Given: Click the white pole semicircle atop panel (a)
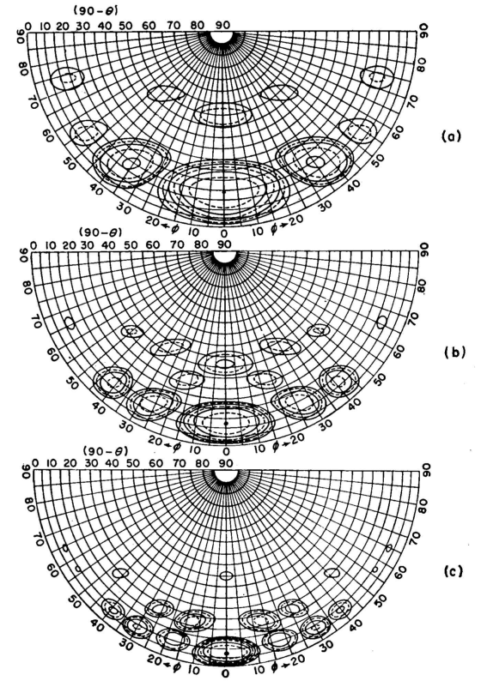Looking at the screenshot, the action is click(222, 37).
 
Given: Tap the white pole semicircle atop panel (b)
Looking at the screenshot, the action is click(224, 256).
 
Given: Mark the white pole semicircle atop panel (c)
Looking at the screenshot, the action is click(226, 475).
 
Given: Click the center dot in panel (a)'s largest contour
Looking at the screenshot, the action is click(223, 191).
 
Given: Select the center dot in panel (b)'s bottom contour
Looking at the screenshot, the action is click(226, 423).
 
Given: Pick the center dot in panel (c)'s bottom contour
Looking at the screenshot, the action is click(227, 653).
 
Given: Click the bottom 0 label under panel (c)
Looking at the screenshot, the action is click(226, 674).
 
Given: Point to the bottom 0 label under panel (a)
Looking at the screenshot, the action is click(224, 234).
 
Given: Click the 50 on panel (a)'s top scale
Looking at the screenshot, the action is click(125, 25).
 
